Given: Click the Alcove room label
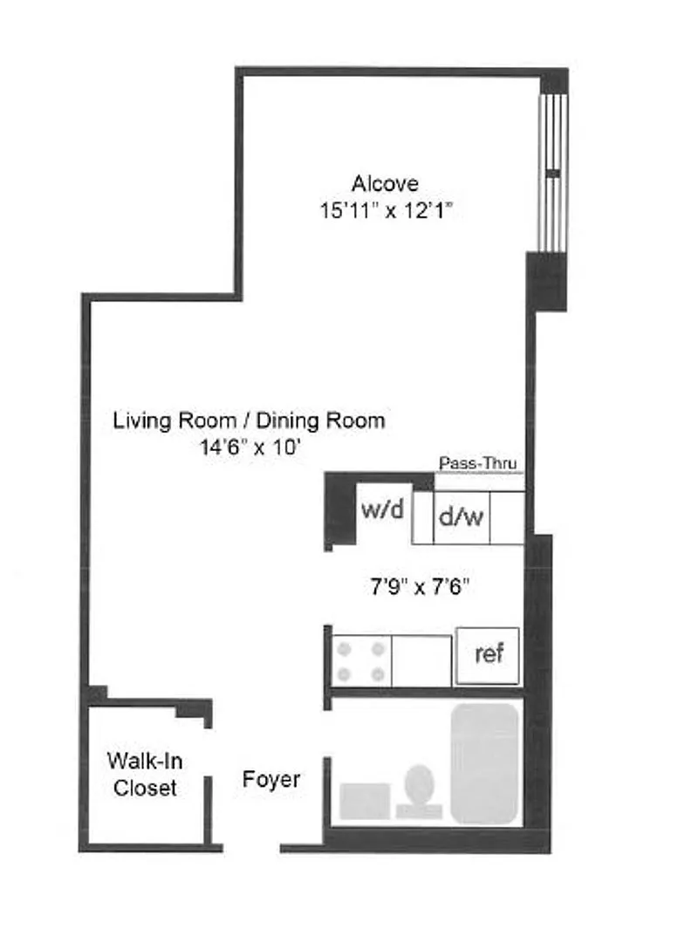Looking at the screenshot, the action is (x=385, y=183).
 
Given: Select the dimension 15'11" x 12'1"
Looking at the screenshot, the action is (x=386, y=211).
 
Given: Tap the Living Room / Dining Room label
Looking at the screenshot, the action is (x=249, y=420).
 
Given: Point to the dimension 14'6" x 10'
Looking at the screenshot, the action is (x=249, y=448).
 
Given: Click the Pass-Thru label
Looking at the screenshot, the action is (x=477, y=463).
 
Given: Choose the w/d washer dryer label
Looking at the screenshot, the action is (x=382, y=509).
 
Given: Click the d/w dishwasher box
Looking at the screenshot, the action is (x=462, y=517).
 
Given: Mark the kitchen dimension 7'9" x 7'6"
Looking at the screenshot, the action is (x=420, y=588).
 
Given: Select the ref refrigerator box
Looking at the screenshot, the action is (x=487, y=655).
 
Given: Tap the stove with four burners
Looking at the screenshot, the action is (x=360, y=661).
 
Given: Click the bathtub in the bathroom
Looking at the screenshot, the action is (x=484, y=764).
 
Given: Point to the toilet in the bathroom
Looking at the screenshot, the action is (x=419, y=792).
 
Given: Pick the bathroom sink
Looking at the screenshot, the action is (x=365, y=801).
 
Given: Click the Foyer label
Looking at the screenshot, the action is (x=271, y=780).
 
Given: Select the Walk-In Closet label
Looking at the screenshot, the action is (x=145, y=775).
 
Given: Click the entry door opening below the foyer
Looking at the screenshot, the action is (x=251, y=848).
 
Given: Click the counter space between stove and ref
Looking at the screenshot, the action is (x=421, y=661).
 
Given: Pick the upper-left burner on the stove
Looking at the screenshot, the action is (x=345, y=649).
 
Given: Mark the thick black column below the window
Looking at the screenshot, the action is (x=545, y=282).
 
